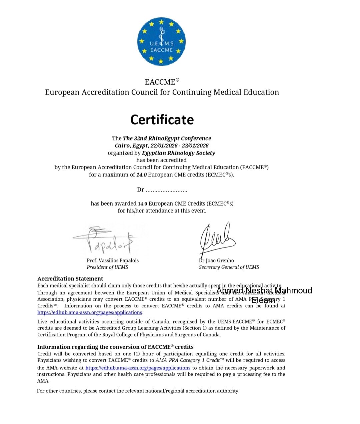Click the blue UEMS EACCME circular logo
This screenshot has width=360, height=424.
161,42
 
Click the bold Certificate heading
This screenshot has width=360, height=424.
162,120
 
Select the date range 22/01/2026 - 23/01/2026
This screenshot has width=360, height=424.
179,146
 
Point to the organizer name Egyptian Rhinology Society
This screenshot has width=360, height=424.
178,153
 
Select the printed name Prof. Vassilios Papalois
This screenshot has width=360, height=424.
113,260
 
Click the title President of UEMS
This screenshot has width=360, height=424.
107,267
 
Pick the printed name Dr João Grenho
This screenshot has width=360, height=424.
216,260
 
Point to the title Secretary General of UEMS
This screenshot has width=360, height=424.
229,267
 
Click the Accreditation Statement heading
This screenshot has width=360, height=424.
70,279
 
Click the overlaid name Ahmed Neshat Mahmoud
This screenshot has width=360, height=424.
264,291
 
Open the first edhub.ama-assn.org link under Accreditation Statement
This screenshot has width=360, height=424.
90,312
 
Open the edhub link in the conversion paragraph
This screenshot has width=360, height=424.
138,368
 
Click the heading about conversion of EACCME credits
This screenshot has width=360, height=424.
115,347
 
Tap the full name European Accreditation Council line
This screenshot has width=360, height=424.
162,92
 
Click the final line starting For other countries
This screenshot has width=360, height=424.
138,391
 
